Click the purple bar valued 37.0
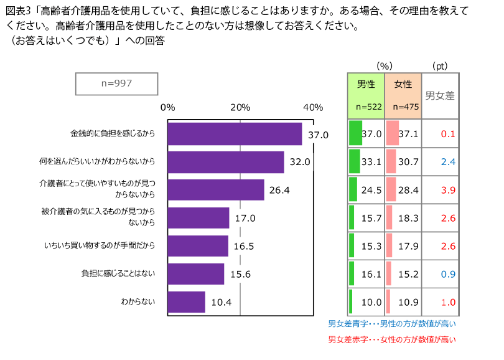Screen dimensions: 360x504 click(235, 134)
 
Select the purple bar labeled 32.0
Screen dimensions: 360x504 click(226, 162)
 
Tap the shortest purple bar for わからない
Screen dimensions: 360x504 click(186, 302)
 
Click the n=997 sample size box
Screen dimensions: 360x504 click(116, 83)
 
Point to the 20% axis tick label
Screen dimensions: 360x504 click(240, 107)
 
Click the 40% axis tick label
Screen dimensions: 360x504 click(313, 107)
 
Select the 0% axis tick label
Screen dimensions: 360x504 click(168, 107)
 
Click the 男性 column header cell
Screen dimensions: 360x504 click(365, 95)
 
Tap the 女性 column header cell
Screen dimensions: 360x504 click(403, 95)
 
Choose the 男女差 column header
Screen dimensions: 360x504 click(440, 96)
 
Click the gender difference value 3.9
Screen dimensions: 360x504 click(448, 190)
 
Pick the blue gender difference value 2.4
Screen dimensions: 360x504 click(448, 162)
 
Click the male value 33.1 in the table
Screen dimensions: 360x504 click(371, 162)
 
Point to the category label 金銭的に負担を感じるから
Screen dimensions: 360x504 click(112, 134)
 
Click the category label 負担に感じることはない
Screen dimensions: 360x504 click(118, 273)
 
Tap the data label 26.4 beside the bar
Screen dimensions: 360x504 click(279, 190)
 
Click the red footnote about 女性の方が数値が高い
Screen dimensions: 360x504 click(392, 340)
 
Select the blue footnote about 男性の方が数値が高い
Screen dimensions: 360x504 click(392, 324)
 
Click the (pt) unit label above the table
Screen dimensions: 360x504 click(439, 65)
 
